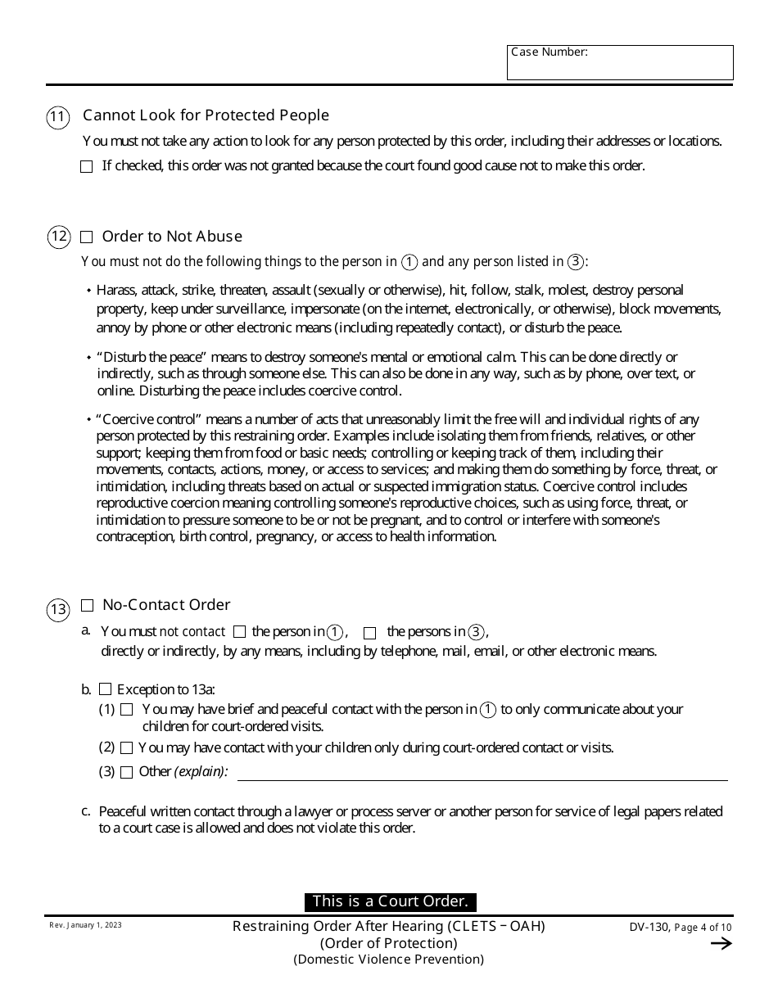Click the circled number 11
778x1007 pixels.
coord(57,118)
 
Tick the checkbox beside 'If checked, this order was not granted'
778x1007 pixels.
coord(87,166)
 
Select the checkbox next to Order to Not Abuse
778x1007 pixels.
coord(87,237)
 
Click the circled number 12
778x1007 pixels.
coord(57,238)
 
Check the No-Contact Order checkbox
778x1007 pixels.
coord(87,606)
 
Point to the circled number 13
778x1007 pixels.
coord(57,609)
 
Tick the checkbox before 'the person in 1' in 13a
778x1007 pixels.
coord(239,632)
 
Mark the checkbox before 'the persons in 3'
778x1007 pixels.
coord(369,633)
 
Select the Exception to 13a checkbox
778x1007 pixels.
coord(105,689)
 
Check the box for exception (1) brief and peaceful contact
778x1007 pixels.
coord(126,709)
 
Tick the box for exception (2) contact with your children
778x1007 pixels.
coord(126,747)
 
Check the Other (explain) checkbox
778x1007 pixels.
coord(126,772)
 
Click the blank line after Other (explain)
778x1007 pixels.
coord(482,774)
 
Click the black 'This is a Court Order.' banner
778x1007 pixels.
coord(390,901)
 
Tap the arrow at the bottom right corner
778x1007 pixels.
coord(721,944)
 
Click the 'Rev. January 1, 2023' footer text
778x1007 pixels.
coord(85,924)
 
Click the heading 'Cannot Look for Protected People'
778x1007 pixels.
coord(206,115)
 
